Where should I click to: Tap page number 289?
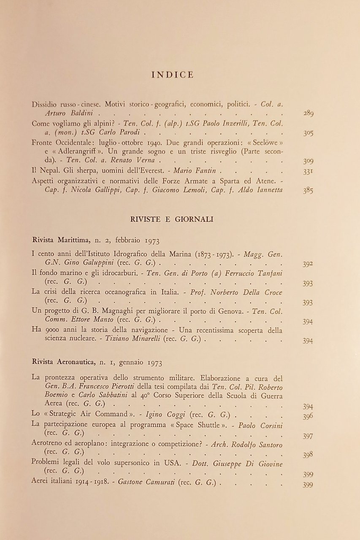pyautogui.click(x=308, y=113)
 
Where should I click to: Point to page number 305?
pyautogui.click(x=308, y=133)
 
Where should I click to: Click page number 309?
pyautogui.click(x=308, y=161)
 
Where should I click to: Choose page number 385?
pyautogui.click(x=308, y=190)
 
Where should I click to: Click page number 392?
pyautogui.click(x=308, y=265)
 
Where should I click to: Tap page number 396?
pyautogui.click(x=308, y=416)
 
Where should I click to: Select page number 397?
pyautogui.click(x=308, y=436)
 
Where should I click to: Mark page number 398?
pyautogui.click(x=308, y=455)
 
